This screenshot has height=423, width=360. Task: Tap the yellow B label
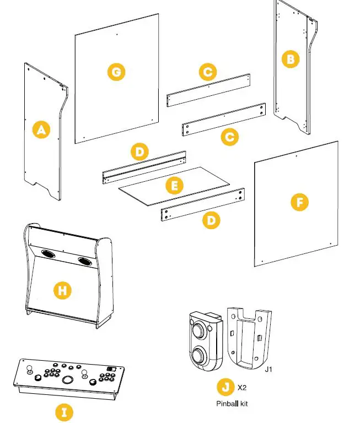[x=290, y=59]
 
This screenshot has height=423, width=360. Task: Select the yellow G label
[x=116, y=72]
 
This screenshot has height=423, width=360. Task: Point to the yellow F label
[x=299, y=203]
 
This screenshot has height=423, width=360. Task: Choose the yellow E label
[x=175, y=186]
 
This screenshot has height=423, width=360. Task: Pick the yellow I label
[x=65, y=412]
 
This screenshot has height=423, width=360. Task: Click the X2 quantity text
[x=241, y=388]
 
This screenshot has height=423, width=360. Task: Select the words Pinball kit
[x=232, y=403]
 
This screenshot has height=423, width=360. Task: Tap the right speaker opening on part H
[x=85, y=261]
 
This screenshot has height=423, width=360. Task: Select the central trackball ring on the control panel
[x=67, y=379]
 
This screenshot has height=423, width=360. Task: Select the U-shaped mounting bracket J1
[x=250, y=339]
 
